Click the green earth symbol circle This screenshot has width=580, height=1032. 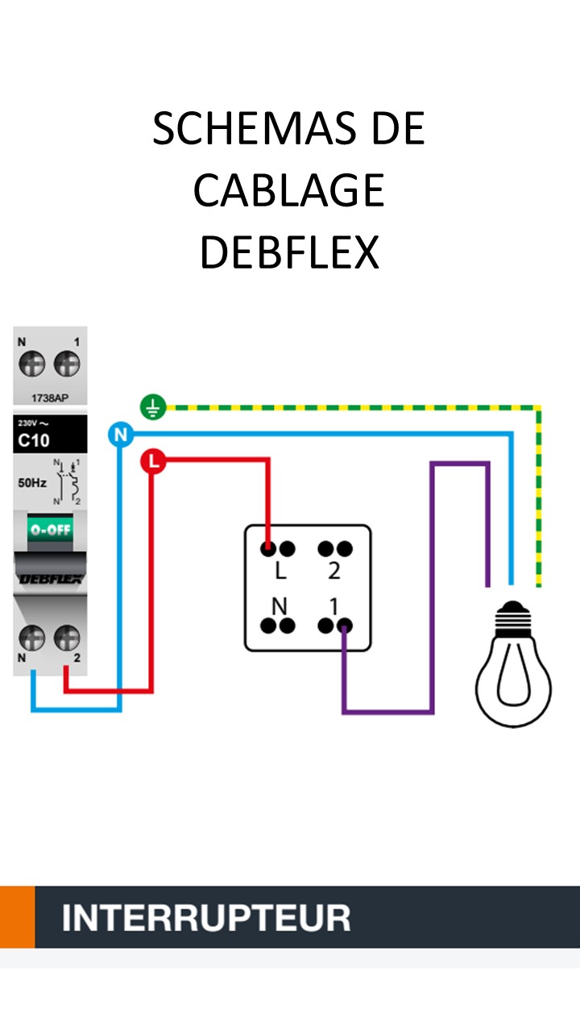(152, 408)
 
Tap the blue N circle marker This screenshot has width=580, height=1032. (120, 435)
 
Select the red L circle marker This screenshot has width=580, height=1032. (152, 462)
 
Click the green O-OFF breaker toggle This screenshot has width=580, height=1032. (50, 530)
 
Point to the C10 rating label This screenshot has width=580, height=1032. (34, 440)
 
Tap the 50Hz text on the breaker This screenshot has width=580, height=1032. (32, 484)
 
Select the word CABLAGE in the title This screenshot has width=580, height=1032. (288, 190)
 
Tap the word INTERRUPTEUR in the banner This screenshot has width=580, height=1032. (206, 918)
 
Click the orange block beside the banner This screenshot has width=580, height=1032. (17, 918)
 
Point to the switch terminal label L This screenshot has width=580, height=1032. (280, 572)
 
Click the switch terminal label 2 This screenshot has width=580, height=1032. (334, 572)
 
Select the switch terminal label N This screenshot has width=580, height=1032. (280, 605)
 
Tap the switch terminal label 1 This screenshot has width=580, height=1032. (333, 605)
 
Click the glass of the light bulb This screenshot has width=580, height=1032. (512, 681)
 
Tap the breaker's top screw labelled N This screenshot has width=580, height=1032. (32, 365)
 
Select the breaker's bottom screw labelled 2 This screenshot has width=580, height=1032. (67, 639)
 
